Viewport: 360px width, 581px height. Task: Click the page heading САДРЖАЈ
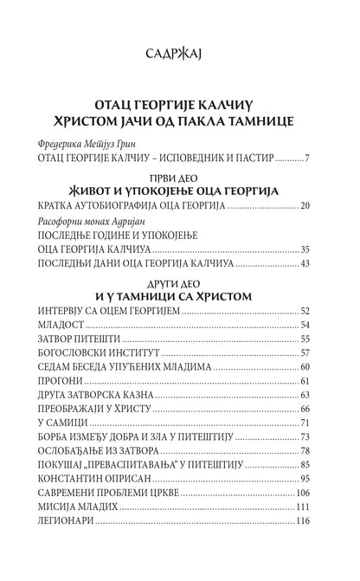[179, 57]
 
